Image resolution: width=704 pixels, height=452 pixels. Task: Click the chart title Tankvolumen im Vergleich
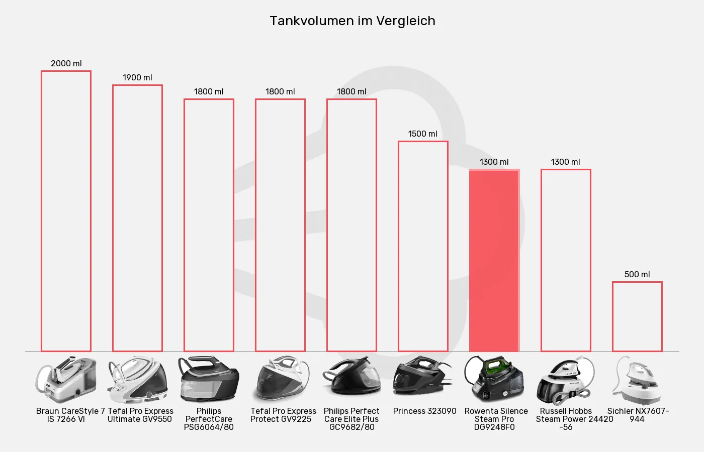click(352, 21)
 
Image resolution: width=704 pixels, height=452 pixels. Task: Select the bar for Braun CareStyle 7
click(66, 211)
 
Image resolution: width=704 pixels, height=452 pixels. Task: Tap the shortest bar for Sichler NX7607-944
click(637, 316)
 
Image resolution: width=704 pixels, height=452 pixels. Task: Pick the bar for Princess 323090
click(423, 246)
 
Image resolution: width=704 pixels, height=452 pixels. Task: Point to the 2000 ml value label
click(66, 63)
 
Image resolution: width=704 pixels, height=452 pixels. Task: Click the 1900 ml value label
click(137, 77)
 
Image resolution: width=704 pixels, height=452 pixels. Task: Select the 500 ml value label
click(637, 274)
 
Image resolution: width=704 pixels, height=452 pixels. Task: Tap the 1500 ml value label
click(423, 134)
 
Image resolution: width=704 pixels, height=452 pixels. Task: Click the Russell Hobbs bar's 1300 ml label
click(566, 162)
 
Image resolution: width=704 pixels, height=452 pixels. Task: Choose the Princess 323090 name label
click(425, 411)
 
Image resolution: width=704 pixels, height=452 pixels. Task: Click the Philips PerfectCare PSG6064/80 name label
click(209, 419)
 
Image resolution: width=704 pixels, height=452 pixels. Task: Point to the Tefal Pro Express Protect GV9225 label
click(283, 415)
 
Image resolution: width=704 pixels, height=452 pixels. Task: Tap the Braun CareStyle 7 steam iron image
click(66, 379)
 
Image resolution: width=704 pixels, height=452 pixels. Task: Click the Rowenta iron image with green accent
click(494, 379)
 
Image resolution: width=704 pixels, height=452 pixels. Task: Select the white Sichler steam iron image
click(637, 379)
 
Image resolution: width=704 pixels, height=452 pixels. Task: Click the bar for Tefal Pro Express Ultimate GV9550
click(137, 218)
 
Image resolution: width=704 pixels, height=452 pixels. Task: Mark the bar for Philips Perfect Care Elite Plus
click(351, 225)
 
